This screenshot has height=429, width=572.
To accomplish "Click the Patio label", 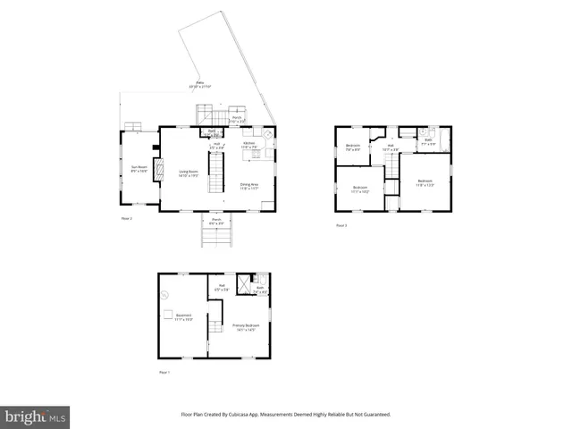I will click(x=198, y=85).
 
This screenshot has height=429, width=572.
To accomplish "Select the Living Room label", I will click(x=188, y=174).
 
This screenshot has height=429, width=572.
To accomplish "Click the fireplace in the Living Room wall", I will click(x=159, y=170).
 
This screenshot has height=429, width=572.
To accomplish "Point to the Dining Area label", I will click(x=248, y=186).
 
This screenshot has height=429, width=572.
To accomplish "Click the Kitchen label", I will click(x=248, y=144).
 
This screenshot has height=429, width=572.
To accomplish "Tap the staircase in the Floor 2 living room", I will click(x=215, y=172).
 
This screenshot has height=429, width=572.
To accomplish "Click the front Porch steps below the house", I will click(x=215, y=237).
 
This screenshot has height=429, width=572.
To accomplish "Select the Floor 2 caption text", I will click(x=126, y=218).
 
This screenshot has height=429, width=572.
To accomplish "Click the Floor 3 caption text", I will click(x=341, y=226).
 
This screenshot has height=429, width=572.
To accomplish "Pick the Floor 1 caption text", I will click(x=164, y=371).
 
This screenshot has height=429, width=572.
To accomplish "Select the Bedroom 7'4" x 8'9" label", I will click(x=353, y=147).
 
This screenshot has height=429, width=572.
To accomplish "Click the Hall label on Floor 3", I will click(x=390, y=147).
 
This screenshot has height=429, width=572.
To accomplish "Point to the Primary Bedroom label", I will click(x=244, y=328).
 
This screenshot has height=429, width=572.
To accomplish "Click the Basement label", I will click(x=182, y=316).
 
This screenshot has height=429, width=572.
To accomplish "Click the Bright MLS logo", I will click(x=36, y=416).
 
